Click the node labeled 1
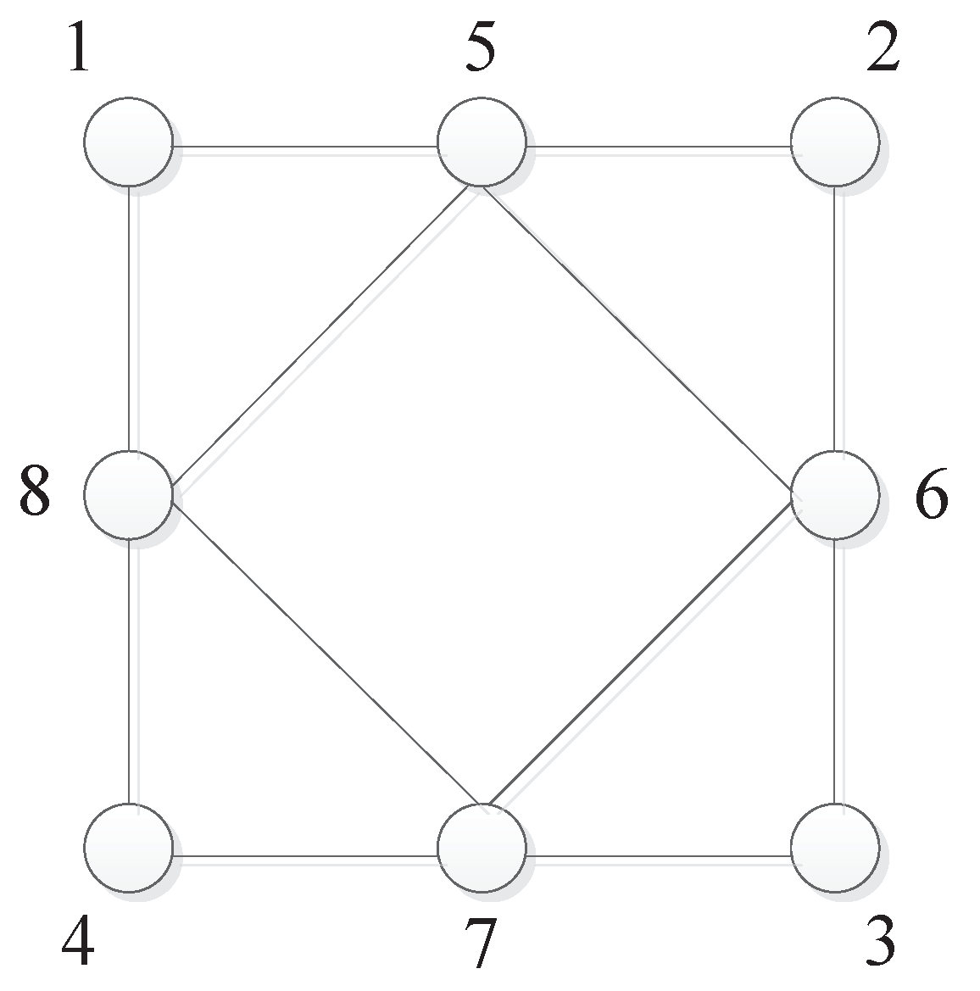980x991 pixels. pyautogui.click(x=129, y=142)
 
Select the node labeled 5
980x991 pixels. pyautogui.click(x=482, y=142)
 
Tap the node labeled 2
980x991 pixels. pyautogui.click(x=835, y=142)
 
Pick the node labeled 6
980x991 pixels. pyautogui.click(x=835, y=495)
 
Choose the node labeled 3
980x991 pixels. pyautogui.click(x=835, y=848)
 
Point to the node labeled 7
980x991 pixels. pyautogui.click(x=482, y=848)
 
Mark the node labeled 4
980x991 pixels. pyautogui.click(x=129, y=848)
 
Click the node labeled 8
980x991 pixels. pyautogui.click(x=129, y=495)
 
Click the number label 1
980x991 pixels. pyautogui.click(x=79, y=50)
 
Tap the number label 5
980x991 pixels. pyautogui.click(x=481, y=50)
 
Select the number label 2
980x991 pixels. pyautogui.click(x=883, y=50)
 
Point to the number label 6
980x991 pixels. pyautogui.click(x=932, y=497)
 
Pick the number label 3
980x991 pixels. pyautogui.click(x=881, y=942)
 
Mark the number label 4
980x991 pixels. pyautogui.click(x=78, y=942)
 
